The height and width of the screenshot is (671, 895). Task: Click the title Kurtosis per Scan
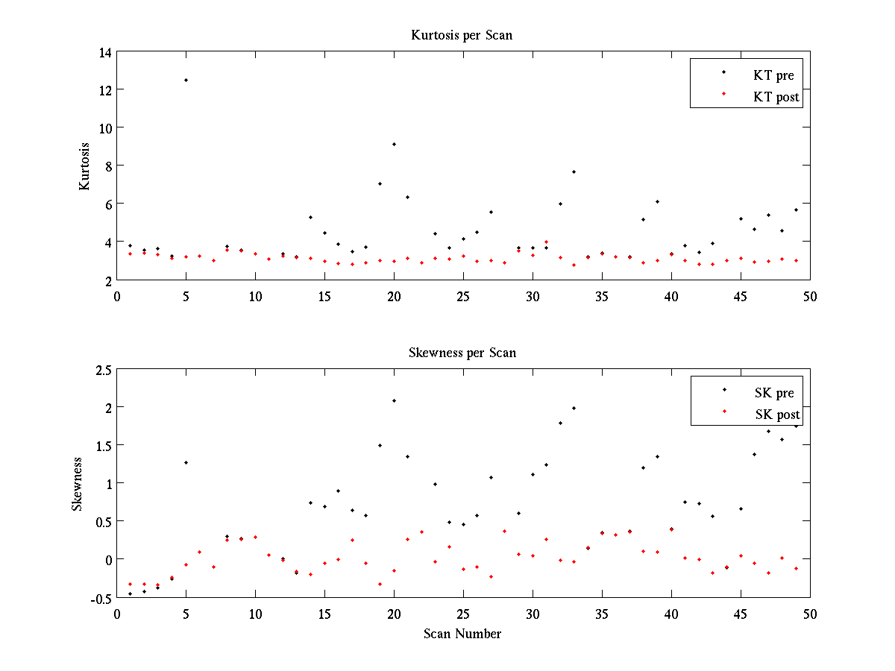(462, 35)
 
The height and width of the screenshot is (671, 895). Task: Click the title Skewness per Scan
(462, 353)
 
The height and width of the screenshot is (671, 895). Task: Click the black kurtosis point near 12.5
(186, 80)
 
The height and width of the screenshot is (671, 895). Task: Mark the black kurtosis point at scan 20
(394, 144)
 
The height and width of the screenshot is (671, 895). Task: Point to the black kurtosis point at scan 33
(574, 171)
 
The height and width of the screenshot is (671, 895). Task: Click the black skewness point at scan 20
(394, 400)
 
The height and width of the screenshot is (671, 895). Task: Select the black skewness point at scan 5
(186, 462)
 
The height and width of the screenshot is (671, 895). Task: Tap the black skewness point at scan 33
(574, 408)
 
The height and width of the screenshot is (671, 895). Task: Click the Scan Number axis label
(462, 634)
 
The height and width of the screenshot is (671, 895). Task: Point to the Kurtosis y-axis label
(84, 166)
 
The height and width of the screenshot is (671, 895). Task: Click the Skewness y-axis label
(77, 484)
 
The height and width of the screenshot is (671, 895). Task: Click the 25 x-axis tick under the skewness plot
(463, 614)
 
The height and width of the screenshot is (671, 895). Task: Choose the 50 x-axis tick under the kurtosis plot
(810, 296)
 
